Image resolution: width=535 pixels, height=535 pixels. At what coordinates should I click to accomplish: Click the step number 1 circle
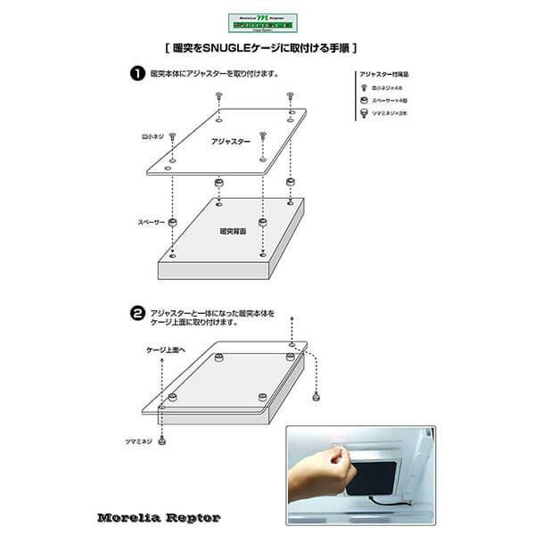coord(138,74)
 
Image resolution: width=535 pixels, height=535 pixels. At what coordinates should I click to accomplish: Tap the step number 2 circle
coord(138,314)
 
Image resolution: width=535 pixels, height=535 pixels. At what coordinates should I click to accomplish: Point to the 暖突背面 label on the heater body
coord(234,231)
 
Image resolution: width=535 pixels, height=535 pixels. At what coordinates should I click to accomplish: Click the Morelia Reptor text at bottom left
coord(159,516)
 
